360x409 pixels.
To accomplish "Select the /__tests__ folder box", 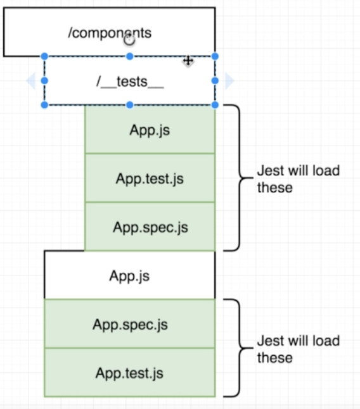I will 129,81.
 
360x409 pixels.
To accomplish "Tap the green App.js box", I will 150,130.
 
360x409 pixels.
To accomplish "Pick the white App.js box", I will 129,275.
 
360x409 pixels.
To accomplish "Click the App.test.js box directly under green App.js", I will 150,179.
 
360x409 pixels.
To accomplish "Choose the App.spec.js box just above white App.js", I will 150,227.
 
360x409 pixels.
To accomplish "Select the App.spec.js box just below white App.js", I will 129,324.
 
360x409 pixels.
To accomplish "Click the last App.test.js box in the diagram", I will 129,373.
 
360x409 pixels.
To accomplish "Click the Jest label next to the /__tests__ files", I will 298,179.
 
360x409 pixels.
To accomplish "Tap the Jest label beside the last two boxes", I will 298,349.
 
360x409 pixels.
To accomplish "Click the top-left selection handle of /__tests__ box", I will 44,56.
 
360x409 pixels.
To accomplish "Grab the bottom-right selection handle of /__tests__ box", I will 215,104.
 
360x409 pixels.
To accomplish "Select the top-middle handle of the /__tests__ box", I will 129,56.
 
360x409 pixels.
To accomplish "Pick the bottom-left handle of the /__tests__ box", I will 44,104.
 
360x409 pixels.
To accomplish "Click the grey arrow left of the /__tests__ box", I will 30,80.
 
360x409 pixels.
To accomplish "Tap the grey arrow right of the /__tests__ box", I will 229,80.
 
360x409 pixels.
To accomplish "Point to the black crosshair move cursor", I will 188,61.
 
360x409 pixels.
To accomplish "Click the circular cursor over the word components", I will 129,40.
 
